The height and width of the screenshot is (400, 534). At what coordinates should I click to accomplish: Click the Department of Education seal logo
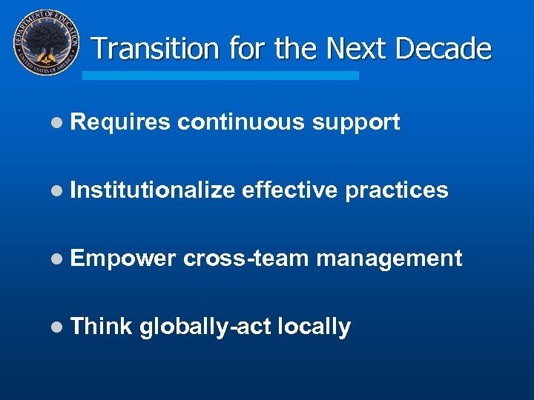(47, 43)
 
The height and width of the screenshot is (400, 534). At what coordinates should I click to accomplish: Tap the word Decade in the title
(444, 49)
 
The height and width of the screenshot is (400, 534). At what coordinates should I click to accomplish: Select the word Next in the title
(357, 49)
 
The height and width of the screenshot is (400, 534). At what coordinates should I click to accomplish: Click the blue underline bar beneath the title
(220, 76)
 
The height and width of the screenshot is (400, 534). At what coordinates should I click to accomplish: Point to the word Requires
(120, 123)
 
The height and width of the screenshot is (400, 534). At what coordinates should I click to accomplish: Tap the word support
(356, 123)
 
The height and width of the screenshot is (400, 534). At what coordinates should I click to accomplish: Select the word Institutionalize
(152, 190)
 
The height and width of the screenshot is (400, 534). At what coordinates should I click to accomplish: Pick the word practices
(397, 190)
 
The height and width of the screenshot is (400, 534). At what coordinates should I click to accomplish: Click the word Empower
(122, 259)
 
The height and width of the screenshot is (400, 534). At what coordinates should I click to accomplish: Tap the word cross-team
(245, 259)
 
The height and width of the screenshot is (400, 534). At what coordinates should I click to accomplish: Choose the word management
(389, 259)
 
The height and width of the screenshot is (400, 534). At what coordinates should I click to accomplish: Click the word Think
(101, 326)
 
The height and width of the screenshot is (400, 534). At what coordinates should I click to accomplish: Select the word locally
(313, 327)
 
